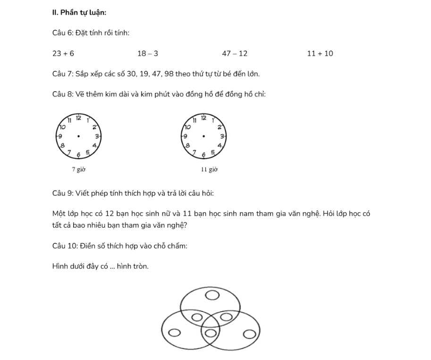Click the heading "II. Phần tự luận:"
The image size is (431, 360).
pyautogui.click(x=79, y=12)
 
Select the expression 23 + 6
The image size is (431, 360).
pyautogui.click(x=63, y=53)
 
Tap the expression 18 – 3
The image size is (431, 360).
pyautogui.click(x=148, y=53)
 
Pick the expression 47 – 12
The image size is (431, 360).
pyautogui.click(x=235, y=53)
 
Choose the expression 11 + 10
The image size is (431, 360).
pyautogui.click(x=320, y=53)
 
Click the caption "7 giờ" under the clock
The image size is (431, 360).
pyautogui.click(x=78, y=169)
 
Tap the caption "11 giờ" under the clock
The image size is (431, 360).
pyautogui.click(x=209, y=169)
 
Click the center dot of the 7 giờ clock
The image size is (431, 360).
pyautogui.click(x=78, y=136)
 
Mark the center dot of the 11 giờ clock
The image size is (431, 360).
pyautogui.click(x=203, y=136)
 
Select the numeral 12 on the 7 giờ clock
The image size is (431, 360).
pyautogui.click(x=79, y=118)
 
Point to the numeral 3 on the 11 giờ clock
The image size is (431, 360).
pyautogui.click(x=221, y=136)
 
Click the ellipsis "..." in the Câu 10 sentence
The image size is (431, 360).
pyautogui.click(x=111, y=266)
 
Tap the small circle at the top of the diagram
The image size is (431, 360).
pyautogui.click(x=212, y=296)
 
